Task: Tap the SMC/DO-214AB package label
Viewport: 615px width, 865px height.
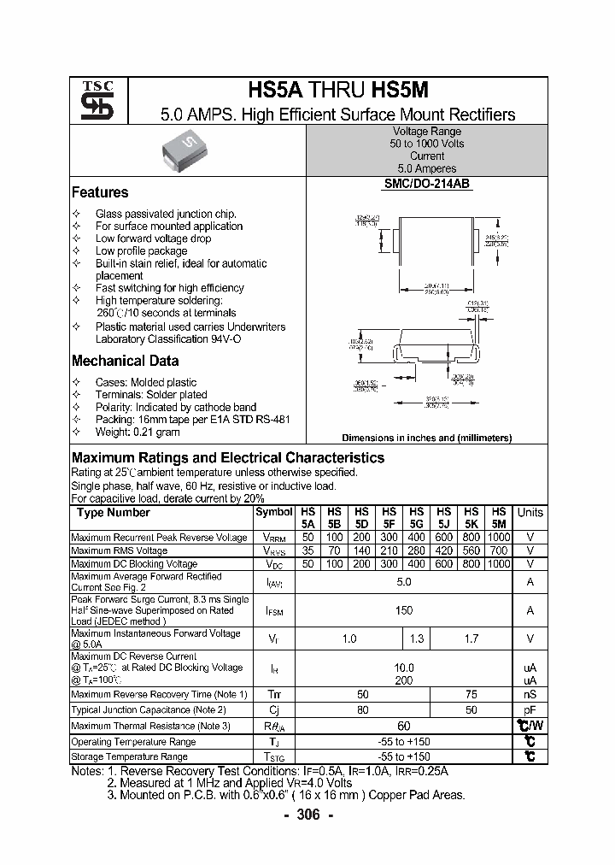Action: tap(426, 185)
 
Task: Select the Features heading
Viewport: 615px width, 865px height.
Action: tap(100, 192)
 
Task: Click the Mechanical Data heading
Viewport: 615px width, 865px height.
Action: tap(125, 361)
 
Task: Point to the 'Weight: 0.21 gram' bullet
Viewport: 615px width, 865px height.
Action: tap(139, 432)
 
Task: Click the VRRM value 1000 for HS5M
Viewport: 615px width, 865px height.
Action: tap(499, 537)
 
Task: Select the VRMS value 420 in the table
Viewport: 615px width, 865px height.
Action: tap(444, 550)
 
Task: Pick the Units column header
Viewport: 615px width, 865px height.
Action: tap(530, 513)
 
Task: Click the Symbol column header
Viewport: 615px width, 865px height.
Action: tap(273, 513)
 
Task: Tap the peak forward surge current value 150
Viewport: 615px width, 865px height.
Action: tap(404, 610)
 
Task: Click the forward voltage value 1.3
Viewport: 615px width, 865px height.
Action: tap(417, 638)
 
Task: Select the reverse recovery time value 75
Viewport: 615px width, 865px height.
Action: tap(471, 695)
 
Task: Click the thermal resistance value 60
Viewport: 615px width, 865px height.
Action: tap(404, 726)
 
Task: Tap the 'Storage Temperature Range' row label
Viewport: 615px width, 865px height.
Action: tap(129, 756)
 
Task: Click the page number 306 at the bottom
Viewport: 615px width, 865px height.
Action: tap(307, 815)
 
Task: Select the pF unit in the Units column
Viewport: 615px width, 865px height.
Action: tap(530, 709)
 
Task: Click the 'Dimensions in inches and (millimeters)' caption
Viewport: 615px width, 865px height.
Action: tap(426, 438)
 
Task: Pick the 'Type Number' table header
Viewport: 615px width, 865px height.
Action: tap(113, 513)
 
